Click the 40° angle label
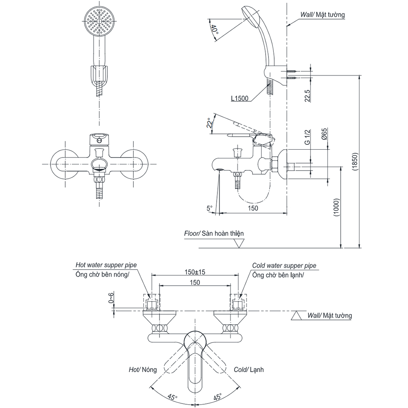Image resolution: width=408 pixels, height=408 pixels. pos(214,29)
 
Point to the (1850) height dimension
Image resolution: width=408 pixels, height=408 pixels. pos(355,163)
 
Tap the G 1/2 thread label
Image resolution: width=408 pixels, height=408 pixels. pos(307,136)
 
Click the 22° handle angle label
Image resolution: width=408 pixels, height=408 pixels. pos(210,123)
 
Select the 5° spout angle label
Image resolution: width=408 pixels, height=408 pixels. pos(209,208)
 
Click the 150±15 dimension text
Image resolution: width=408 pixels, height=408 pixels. pos(194,272)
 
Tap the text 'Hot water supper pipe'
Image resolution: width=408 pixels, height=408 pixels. pos(106,265)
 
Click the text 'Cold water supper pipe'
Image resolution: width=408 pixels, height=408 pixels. pos(284,266)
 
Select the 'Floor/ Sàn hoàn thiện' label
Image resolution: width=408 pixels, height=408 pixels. pos(213,233)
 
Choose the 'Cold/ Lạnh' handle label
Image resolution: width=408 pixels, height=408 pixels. pos(248,370)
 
